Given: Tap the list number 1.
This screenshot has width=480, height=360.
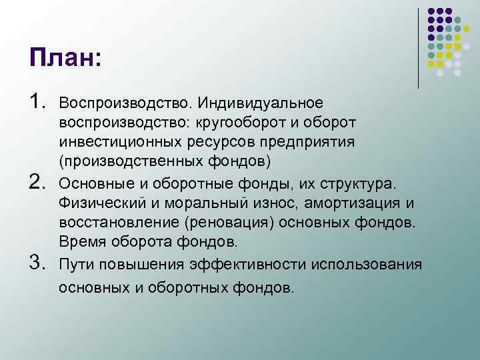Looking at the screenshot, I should (x=37, y=102).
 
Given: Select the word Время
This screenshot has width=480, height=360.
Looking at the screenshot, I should (x=78, y=241).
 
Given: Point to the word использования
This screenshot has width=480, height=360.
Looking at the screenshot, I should (x=363, y=265).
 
